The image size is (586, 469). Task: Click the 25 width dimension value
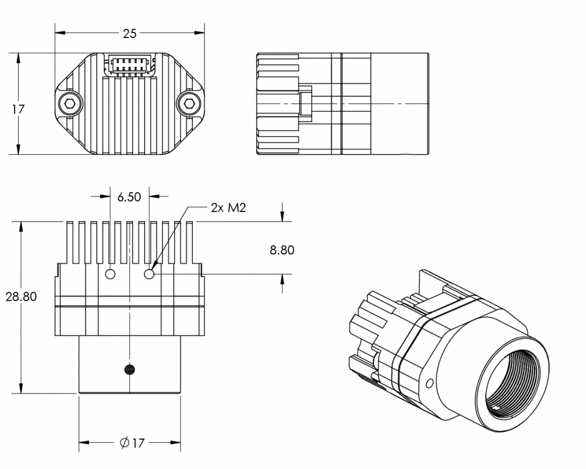[x=130, y=34]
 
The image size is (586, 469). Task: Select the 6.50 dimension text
[x=129, y=197]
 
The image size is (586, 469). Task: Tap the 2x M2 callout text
[x=228, y=208]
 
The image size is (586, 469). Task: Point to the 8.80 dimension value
[x=282, y=250]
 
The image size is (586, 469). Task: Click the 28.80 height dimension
[x=21, y=297]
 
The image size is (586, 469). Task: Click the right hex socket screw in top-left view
[x=188, y=104]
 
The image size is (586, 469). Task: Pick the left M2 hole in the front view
[x=110, y=273]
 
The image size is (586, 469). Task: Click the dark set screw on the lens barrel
[x=130, y=369]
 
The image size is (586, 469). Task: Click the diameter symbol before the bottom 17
[x=124, y=443]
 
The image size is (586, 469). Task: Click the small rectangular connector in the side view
[x=305, y=103]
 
